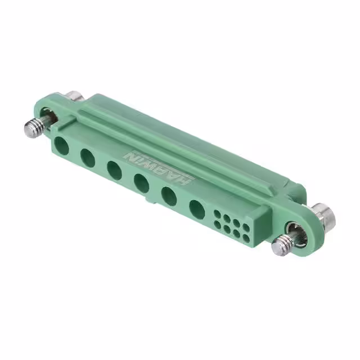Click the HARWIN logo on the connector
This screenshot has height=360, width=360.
(158, 168)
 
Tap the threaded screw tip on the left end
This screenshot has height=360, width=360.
(34, 127)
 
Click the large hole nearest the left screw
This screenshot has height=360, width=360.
(61, 146)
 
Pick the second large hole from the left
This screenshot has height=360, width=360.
(88, 157)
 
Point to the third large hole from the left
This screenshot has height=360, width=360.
(114, 170)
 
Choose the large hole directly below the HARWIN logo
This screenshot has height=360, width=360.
(141, 183)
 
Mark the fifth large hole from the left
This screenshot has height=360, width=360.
(169, 197)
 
